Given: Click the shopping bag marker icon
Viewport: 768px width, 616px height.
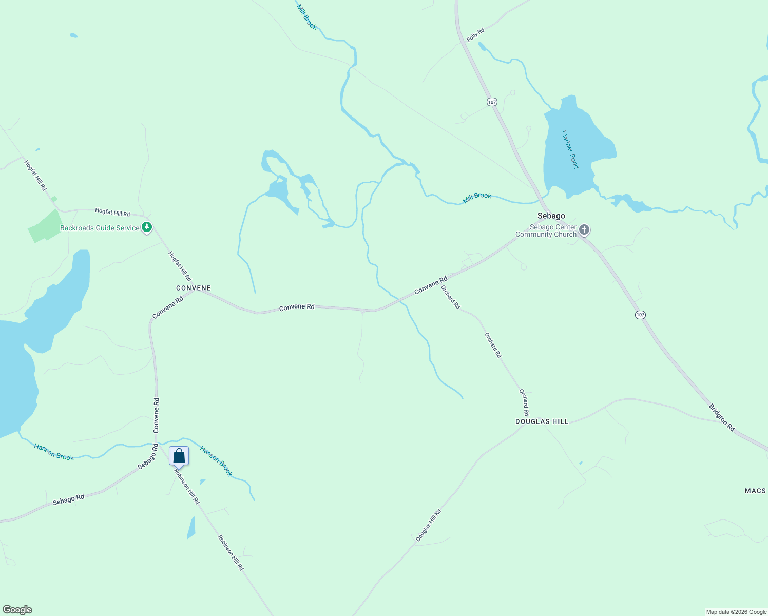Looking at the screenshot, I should point(179,456).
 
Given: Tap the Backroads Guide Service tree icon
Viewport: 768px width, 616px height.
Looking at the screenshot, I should point(147,227).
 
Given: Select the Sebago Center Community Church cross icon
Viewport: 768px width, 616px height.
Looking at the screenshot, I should point(584,230).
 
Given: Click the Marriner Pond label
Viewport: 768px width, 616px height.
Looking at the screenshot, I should point(570,149).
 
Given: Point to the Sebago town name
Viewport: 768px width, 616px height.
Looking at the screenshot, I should point(551,216).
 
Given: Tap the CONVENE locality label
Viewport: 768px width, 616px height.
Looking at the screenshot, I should point(194,288).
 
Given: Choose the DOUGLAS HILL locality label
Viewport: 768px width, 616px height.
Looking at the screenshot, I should point(542,421).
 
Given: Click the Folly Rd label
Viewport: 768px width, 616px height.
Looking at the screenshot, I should point(475,35).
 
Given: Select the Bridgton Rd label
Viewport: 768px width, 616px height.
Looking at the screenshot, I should point(722,417).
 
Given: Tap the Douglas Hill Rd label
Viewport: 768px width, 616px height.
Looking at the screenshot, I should point(428,525).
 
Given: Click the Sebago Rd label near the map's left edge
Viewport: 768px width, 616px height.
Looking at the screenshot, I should point(68,499).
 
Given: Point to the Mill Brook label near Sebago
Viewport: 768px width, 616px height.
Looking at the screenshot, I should point(477,197).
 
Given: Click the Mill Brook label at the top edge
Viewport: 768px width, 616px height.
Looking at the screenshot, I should point(306,16).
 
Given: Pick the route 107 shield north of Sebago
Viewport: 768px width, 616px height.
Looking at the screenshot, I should point(492,102).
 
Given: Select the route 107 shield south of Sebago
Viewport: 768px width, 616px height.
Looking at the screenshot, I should point(640,315).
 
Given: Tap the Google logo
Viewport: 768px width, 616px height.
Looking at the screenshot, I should point(17,610).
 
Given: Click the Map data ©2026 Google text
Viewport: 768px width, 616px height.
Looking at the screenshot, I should point(736,612).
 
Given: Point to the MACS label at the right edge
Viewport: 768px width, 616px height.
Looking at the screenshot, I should point(755,491).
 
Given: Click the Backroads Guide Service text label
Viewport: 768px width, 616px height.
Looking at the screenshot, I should point(100,228).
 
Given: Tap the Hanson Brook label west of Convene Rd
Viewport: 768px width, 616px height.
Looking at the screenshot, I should point(54,452).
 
